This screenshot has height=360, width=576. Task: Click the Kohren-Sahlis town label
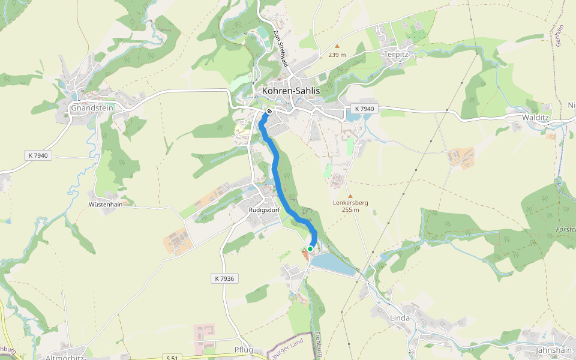point(291,91)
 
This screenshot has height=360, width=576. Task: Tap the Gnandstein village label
point(92,108)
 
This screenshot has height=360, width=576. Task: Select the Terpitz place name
point(395,54)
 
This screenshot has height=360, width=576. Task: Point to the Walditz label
point(536,118)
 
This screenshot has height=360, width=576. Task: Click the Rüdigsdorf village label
point(265,210)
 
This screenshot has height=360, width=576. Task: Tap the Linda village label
point(400,317)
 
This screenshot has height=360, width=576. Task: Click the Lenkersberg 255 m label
point(350,206)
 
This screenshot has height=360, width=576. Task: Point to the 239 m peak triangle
point(337,46)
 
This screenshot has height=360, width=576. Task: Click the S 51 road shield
point(172,358)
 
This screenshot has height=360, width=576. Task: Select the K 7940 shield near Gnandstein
point(38,155)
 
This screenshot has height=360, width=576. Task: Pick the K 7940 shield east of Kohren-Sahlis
point(364,109)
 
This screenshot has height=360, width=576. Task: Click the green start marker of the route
point(310,248)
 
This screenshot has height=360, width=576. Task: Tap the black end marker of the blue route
point(270,110)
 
